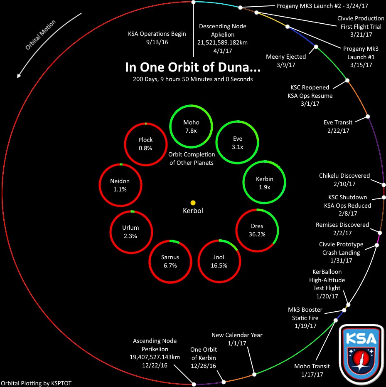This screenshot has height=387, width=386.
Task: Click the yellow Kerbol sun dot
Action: click(193, 202)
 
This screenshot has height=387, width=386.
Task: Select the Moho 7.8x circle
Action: click(191, 127)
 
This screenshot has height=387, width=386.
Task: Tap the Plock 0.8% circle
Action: click(145, 144)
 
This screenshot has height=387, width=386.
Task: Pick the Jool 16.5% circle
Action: click(219, 261)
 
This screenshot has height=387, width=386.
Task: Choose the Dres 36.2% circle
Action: click(257, 230)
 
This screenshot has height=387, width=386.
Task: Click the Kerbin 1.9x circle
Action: click(264, 183)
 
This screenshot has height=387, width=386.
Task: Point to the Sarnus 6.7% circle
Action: click(170, 261)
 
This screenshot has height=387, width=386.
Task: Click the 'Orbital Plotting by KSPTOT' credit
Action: click(39, 383)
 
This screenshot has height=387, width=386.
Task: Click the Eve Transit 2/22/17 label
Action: click(338, 127)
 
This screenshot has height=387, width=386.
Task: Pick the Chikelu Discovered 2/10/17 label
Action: click(344, 179)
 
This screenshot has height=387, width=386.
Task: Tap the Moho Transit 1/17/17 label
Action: click(312, 370)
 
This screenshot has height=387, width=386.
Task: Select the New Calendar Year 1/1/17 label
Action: click(237, 339)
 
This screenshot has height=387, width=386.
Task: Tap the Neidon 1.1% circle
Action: click(120, 185)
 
